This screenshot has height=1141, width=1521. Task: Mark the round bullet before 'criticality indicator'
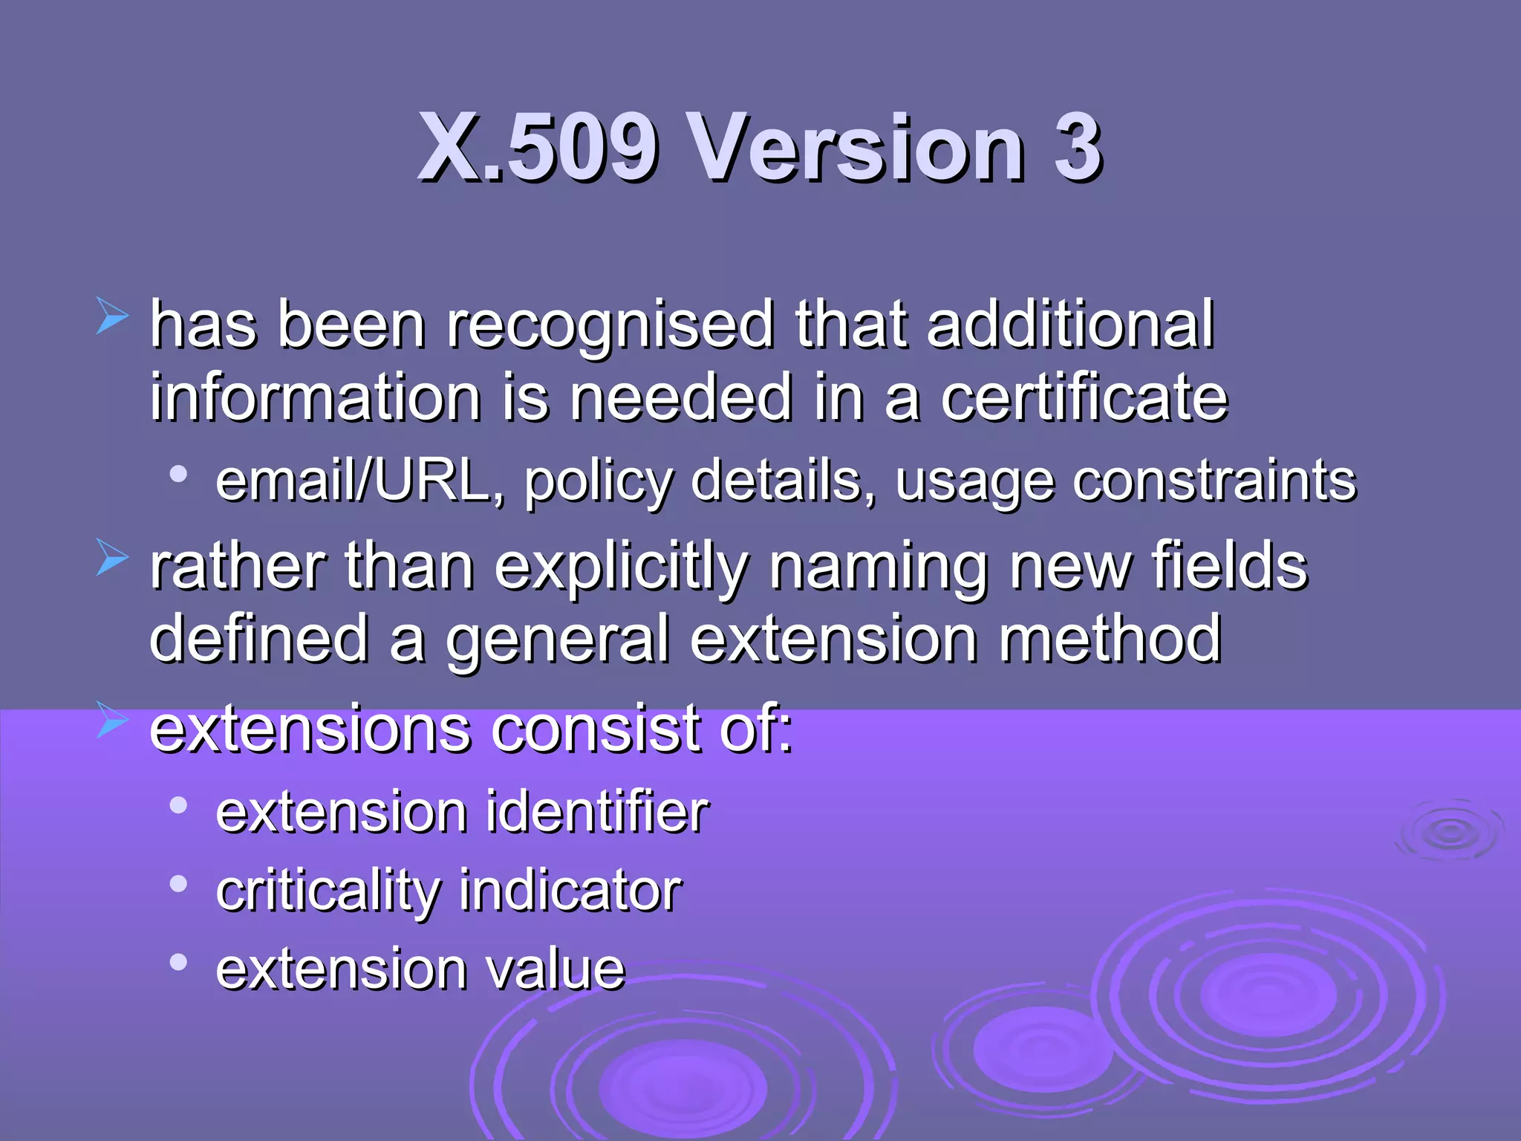[178, 884]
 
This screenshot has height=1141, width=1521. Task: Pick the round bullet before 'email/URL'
[178, 474]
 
